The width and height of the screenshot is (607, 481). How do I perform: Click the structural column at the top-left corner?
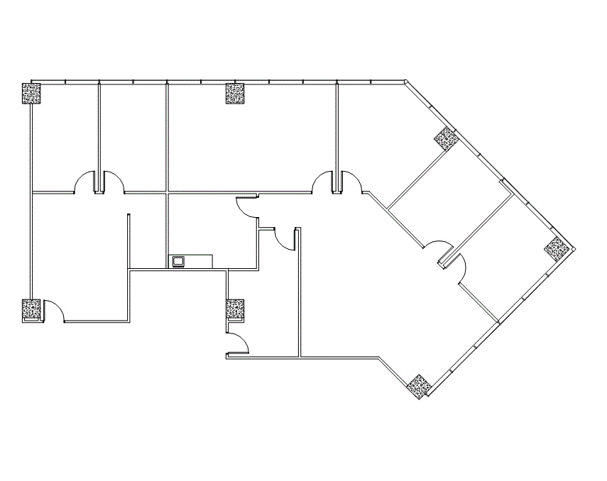(x=31, y=94)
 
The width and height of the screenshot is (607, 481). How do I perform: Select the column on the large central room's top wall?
(x=235, y=94)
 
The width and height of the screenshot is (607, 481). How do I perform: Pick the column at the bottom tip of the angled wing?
(x=419, y=386)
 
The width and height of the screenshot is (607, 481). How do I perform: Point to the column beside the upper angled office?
(x=445, y=138)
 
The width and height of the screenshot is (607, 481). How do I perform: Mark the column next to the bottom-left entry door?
(x=31, y=310)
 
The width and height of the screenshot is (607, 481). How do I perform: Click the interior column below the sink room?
(x=235, y=309)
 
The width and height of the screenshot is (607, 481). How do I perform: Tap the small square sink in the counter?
(x=177, y=262)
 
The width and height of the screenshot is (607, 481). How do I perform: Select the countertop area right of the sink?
(x=199, y=262)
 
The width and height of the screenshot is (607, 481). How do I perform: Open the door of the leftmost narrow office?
(x=85, y=182)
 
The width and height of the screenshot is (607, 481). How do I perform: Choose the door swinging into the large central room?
(x=324, y=182)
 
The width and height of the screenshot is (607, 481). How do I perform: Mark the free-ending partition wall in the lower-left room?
(x=129, y=241)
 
